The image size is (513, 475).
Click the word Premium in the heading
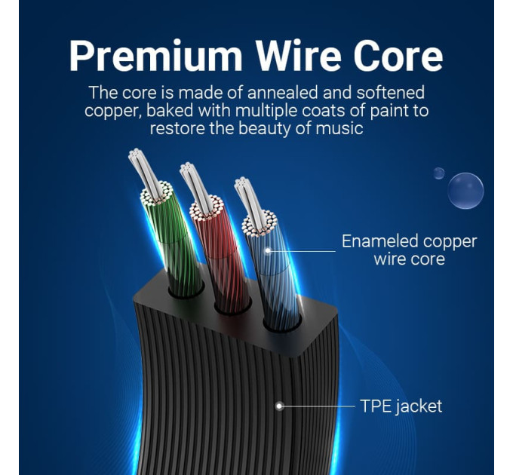tap(155, 56)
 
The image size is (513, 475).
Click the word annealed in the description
tap(283, 92)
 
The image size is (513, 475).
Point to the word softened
tap(390, 92)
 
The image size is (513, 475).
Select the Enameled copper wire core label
tap(410, 250)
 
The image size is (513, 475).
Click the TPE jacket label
tap(401, 406)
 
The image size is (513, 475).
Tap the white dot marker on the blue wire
tap(268, 251)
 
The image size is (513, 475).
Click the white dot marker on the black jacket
tap(279, 406)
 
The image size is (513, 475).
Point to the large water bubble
tap(465, 191)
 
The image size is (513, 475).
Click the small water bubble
tap(439, 173)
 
